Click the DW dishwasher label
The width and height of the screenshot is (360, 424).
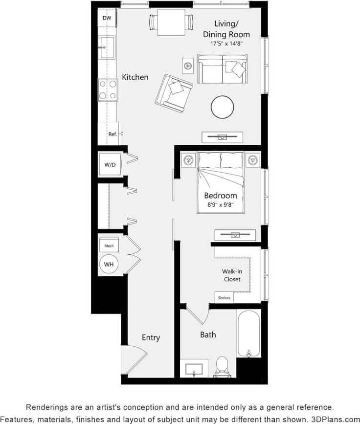(107, 18)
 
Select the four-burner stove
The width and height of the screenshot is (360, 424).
(107, 89)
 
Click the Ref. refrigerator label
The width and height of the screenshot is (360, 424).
(112, 134)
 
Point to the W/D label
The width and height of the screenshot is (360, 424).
(110, 165)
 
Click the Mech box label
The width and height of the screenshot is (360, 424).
(109, 245)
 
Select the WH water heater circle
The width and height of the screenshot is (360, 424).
(109, 265)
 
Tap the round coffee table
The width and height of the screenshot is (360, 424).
(223, 107)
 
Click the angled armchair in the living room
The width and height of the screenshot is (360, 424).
(174, 93)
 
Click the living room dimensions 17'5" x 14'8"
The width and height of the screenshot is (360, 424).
(226, 44)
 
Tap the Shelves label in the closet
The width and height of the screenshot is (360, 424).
(224, 297)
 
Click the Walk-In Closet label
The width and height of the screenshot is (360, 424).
(232, 275)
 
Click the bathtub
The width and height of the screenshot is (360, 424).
(249, 333)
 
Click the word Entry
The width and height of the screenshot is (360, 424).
(151, 337)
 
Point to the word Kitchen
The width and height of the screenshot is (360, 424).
(135, 77)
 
